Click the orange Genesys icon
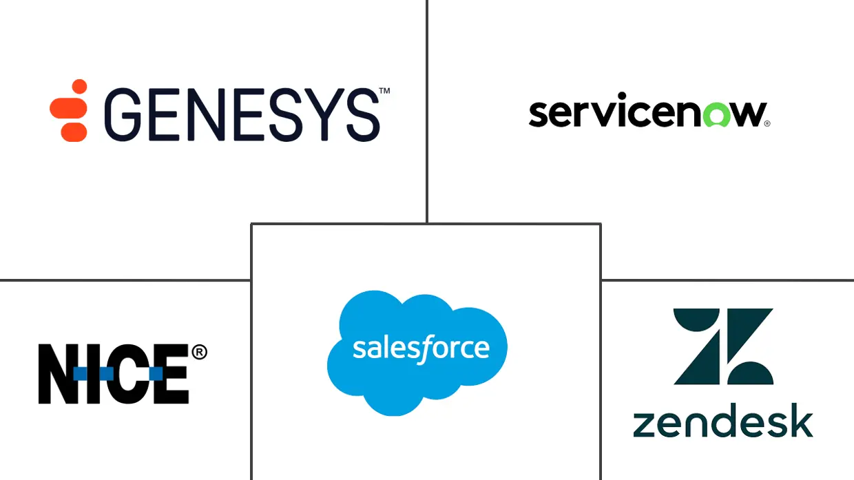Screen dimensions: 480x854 [69, 110]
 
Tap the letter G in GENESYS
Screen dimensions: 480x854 [124, 115]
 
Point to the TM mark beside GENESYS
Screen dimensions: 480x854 [384, 91]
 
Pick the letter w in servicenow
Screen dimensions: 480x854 [744, 114]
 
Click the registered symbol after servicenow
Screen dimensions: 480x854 [767, 124]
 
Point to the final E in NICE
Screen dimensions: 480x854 [171, 374]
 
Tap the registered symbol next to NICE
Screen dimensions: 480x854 [198, 353]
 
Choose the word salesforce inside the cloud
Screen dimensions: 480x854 [421, 348]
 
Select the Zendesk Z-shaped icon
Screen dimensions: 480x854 [723, 346]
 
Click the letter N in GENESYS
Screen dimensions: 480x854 [205, 115]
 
